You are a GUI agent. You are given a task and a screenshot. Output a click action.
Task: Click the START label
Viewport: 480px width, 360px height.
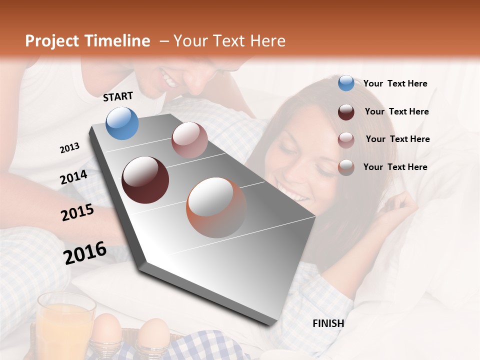118,96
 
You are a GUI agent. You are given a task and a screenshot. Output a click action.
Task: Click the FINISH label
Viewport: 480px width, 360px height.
328,323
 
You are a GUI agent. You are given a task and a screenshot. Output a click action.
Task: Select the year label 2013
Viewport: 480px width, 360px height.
69,148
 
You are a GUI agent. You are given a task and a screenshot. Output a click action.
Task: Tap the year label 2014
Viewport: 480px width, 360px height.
73,177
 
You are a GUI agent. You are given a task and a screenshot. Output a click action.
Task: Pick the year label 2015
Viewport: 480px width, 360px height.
77,212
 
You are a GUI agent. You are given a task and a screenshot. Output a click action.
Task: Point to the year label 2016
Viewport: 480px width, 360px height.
85,253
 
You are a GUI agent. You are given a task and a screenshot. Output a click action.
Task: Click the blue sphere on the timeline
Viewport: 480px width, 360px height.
122,123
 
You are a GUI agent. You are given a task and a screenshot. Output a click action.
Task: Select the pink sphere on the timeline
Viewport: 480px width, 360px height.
189,140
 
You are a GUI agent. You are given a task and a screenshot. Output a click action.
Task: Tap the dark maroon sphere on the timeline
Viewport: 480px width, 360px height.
145,180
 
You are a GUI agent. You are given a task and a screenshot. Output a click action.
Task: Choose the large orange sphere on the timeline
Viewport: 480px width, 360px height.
216,207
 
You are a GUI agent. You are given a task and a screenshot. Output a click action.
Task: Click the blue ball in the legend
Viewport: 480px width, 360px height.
346,83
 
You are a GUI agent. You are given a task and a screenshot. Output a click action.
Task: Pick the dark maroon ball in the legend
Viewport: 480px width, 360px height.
346,111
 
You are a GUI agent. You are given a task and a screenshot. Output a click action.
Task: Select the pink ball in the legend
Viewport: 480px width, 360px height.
346,139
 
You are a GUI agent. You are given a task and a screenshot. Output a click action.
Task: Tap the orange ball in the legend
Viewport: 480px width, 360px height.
346,167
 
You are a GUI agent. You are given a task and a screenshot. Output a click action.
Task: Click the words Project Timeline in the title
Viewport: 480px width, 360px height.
87,41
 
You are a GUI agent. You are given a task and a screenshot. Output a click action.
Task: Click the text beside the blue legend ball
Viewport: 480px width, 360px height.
395,83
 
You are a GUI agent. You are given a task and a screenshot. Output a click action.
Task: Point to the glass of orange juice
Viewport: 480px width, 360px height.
65,325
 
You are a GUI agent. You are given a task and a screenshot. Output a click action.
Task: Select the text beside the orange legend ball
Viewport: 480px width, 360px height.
395,167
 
